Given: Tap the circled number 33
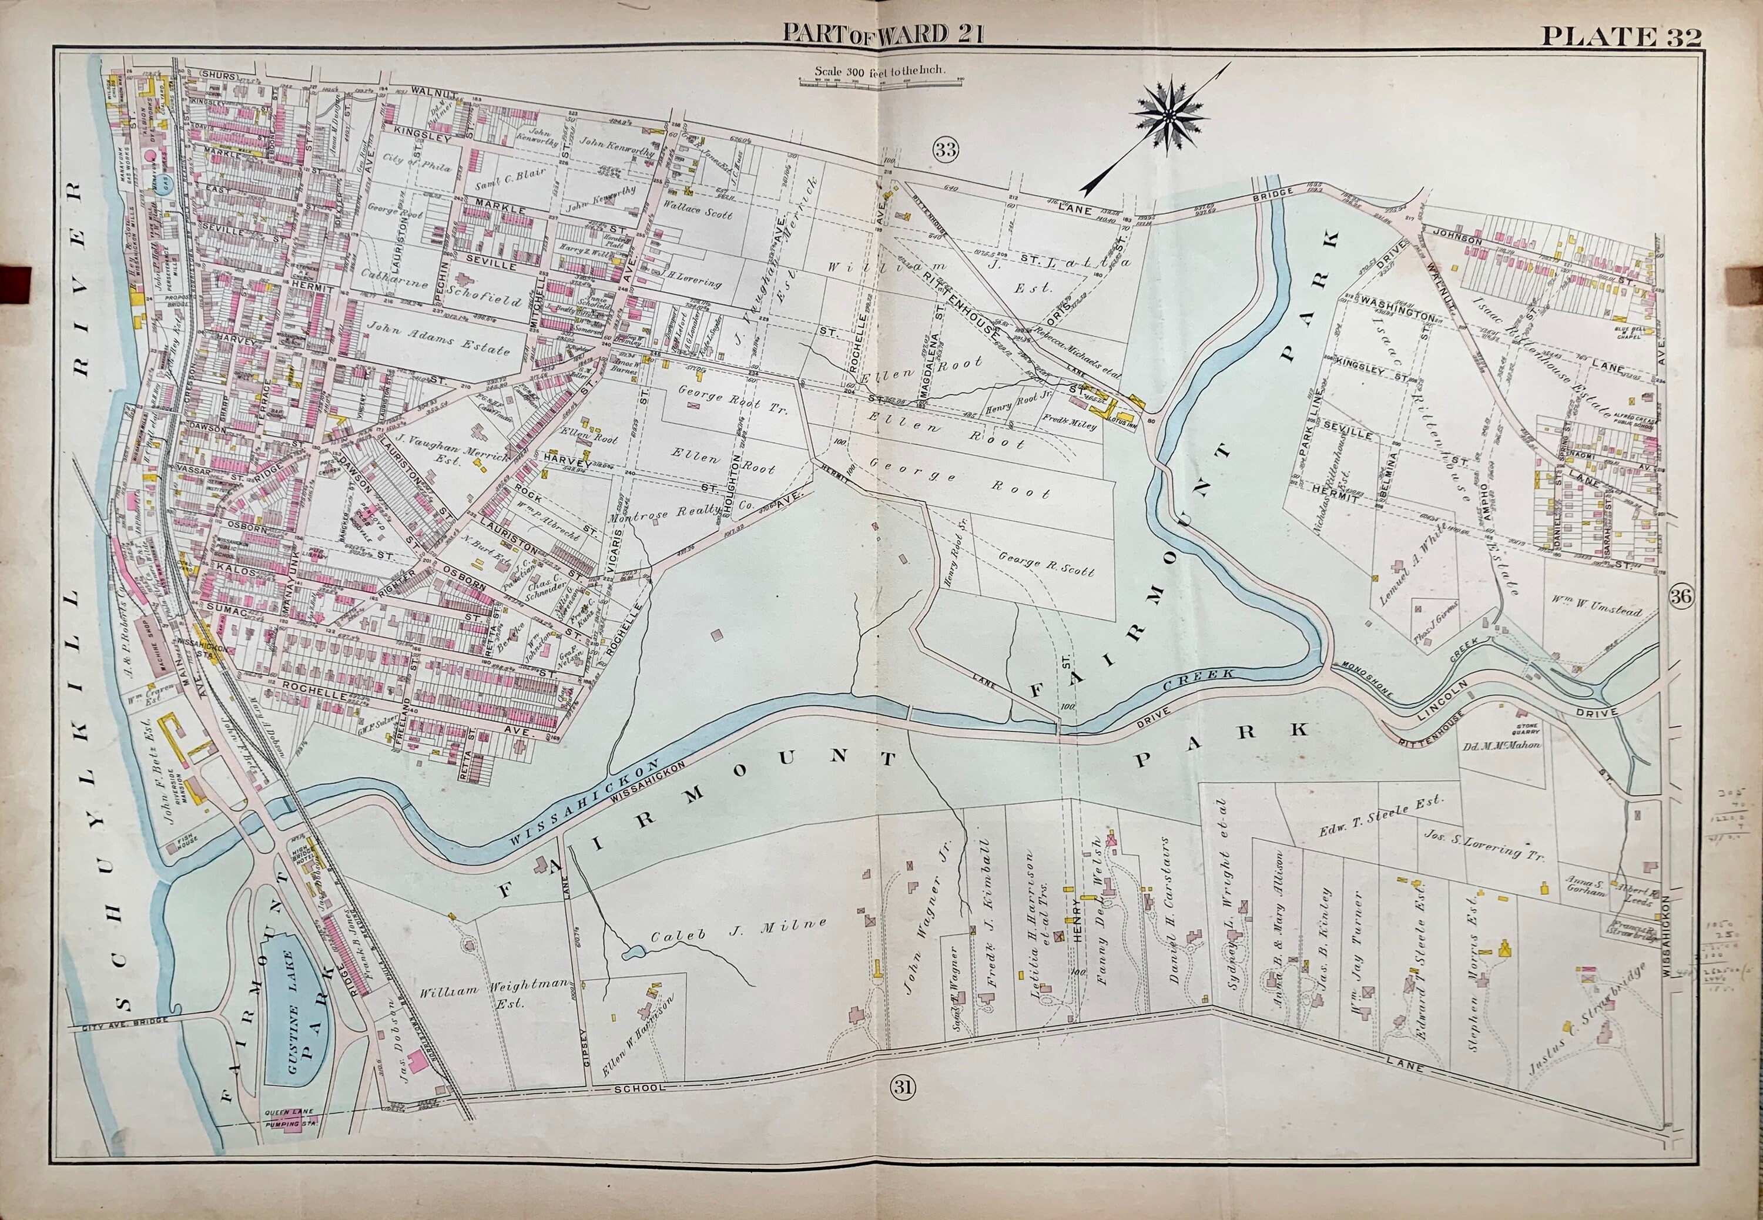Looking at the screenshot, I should tap(946, 150).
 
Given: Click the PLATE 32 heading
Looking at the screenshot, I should tap(1620, 36).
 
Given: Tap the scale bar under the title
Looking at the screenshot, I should tap(880, 81).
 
